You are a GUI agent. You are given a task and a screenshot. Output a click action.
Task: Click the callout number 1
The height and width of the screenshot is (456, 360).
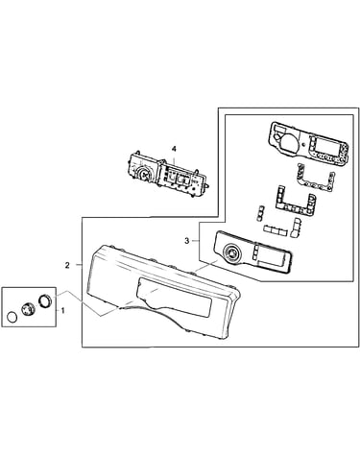point(62,310)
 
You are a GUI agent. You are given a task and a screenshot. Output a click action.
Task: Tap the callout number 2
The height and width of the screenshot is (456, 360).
point(67,265)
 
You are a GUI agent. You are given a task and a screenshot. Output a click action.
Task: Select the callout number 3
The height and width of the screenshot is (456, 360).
point(187,241)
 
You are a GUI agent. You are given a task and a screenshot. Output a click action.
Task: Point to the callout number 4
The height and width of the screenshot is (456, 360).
point(174,149)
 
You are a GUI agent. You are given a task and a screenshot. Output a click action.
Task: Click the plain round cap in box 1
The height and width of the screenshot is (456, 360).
point(12,318)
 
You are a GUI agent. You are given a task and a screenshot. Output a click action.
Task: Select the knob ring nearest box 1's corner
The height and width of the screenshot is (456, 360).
point(44,300)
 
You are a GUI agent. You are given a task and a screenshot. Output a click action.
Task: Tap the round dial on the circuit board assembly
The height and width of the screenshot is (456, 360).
point(143,174)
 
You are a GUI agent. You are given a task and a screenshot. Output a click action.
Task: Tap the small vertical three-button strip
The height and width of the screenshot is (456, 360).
point(260,212)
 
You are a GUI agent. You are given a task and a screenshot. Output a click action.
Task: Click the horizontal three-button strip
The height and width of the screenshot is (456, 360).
point(275,229)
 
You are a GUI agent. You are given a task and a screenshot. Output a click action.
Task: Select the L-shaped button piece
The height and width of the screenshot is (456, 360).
point(296,228)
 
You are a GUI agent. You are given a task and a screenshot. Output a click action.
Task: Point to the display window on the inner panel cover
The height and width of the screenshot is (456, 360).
point(272,256)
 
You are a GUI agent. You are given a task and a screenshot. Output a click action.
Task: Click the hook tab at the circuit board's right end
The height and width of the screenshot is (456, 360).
point(207,185)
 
